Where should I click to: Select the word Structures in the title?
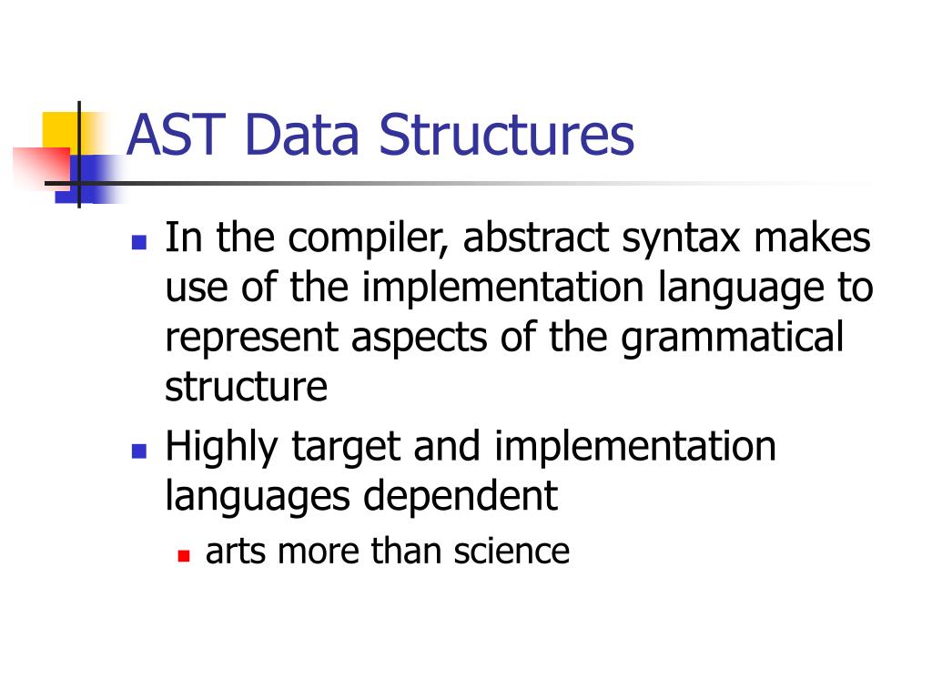pos(508,134)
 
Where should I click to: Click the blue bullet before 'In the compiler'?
pos(139,243)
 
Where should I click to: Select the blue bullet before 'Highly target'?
pos(139,451)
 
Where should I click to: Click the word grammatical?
pos(734,338)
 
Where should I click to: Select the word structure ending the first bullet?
pos(246,388)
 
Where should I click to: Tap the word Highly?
pos(224,448)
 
